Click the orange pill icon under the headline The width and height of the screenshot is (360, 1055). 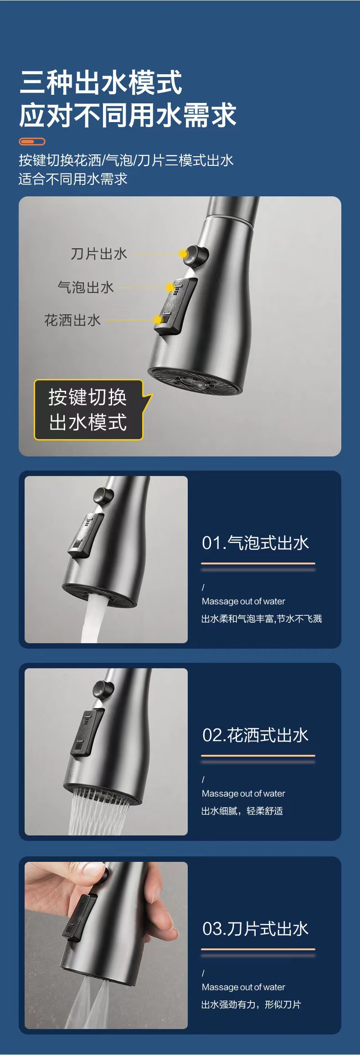click(x=32, y=141)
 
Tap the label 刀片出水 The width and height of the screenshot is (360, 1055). click(x=99, y=254)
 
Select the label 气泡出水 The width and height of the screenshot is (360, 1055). click(x=86, y=287)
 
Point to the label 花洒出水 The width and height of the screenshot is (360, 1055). click(x=72, y=320)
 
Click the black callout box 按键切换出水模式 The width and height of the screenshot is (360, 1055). click(x=88, y=410)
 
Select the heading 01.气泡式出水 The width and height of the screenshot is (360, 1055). click(x=255, y=543)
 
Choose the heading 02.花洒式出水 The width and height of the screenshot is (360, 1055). click(x=255, y=735)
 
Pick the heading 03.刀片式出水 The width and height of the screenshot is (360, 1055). click(x=255, y=929)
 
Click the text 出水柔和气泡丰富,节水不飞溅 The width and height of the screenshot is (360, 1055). click(x=262, y=619)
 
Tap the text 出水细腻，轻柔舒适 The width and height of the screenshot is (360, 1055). click(x=242, y=811)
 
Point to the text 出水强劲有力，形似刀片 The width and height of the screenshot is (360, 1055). click(x=251, y=1004)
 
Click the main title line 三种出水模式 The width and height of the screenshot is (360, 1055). click(x=101, y=82)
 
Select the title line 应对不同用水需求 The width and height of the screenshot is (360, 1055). click(x=128, y=115)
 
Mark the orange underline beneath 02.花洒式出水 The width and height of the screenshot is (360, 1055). click(x=258, y=756)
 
